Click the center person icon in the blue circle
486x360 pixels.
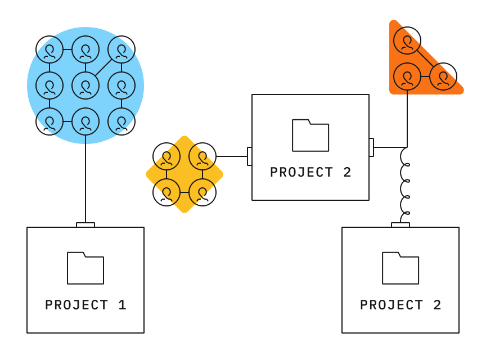85,85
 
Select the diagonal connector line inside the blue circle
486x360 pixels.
103,67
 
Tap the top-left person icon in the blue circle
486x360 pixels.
49,49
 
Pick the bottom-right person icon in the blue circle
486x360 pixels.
121,121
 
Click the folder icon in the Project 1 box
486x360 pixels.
85,268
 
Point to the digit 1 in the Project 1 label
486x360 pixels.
122,305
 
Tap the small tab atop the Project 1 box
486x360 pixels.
85,225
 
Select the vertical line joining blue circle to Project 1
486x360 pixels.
85,180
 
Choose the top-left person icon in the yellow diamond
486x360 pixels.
166,157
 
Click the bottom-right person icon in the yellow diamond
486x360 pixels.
202,192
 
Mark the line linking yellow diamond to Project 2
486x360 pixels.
232,156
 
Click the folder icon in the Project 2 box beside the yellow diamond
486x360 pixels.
310,135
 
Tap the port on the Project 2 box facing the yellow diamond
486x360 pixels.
249,156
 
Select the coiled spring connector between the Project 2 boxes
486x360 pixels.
404,186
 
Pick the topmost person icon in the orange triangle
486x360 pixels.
407,40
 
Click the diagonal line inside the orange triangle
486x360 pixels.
425,58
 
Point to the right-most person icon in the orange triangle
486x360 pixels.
443,76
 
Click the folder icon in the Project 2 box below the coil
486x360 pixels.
400,268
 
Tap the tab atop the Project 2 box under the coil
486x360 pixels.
400,225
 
